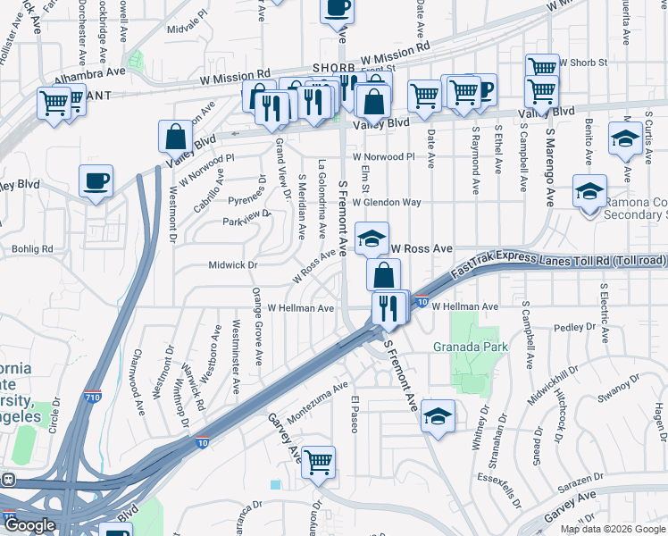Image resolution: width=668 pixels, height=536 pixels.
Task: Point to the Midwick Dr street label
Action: [232, 264]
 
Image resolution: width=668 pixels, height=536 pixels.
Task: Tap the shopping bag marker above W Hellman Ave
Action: [383, 275]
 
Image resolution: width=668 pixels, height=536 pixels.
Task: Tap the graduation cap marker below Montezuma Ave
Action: [438, 416]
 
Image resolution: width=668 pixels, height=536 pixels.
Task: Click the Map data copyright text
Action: [611, 529]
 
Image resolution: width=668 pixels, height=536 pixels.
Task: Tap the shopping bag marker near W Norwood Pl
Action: [176, 138]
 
